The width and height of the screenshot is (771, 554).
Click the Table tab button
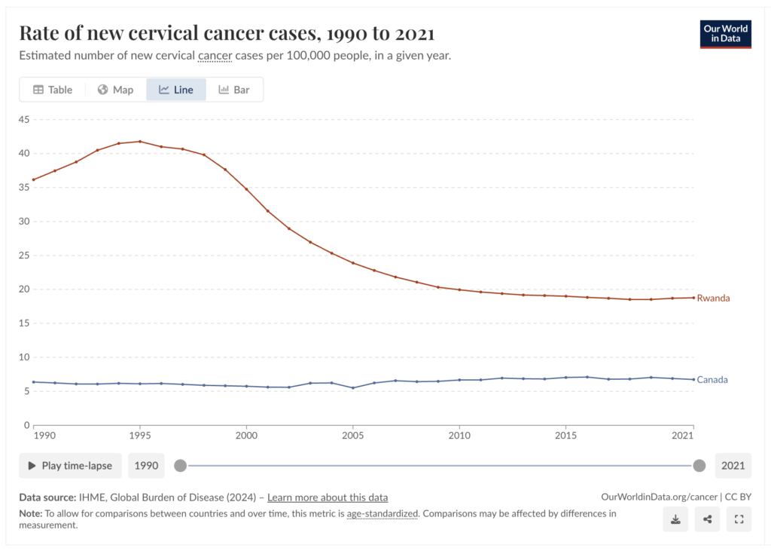click(53, 90)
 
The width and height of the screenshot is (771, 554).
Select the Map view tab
click(115, 90)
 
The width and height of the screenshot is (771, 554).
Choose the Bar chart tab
click(234, 90)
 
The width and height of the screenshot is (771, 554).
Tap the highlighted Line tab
click(176, 90)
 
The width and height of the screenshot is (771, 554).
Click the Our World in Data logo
click(725, 34)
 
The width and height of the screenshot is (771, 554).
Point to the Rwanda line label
click(713, 298)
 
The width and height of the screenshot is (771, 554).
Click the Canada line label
click(712, 380)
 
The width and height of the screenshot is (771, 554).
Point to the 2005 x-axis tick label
click(353, 436)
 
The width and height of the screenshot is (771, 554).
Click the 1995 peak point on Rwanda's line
click(140, 142)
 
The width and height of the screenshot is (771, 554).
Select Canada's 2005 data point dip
click(353, 388)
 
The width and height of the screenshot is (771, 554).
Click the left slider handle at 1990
click(180, 466)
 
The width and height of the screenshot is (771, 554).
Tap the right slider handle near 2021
click(699, 466)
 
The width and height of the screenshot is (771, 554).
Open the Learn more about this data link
click(328, 497)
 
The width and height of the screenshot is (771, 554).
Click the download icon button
click(675, 519)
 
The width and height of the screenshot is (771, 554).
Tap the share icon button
click(707, 519)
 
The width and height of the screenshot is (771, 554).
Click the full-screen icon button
click(739, 519)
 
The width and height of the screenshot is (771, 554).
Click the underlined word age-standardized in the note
click(381, 514)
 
